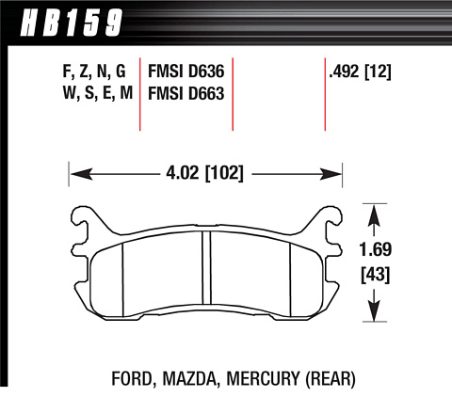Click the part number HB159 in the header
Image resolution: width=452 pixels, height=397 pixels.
[x=72, y=22]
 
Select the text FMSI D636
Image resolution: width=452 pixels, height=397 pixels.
[x=186, y=71]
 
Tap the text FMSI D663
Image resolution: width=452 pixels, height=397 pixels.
[x=186, y=93]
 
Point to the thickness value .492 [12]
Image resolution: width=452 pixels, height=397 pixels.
[x=360, y=72]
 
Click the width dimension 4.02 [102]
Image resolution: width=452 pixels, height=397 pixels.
[x=204, y=173]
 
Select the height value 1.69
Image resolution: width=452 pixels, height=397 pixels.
[x=375, y=249]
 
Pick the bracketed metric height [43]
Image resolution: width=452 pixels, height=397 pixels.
[x=375, y=275]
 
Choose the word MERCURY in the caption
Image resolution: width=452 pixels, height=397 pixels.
[x=263, y=378]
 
